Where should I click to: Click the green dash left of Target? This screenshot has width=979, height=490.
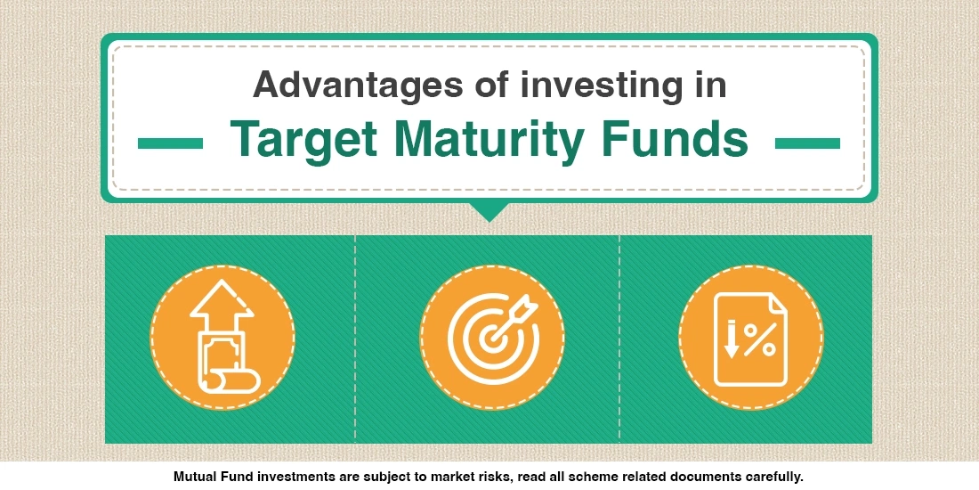(171, 143)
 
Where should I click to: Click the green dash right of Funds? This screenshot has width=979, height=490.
(808, 143)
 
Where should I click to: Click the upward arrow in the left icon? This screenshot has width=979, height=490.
(222, 307)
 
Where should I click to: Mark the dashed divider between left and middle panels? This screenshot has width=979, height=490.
(355, 339)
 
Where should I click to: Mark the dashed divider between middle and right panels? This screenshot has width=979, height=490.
(619, 339)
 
